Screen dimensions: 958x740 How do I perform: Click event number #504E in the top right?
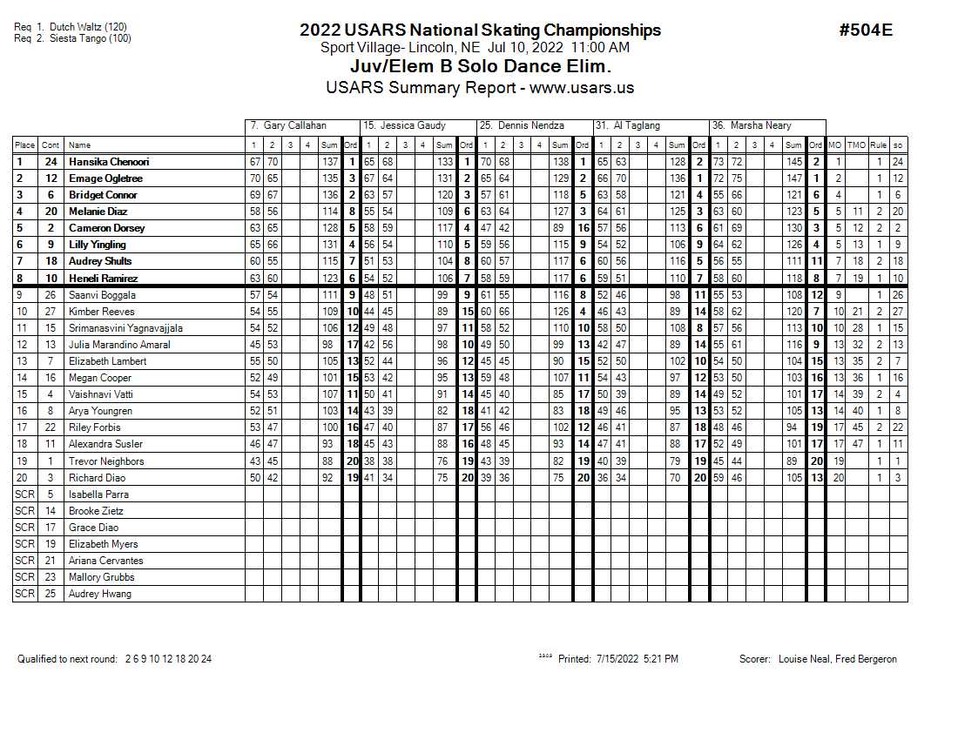click(865, 30)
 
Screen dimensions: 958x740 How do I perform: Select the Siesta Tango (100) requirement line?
click(73, 38)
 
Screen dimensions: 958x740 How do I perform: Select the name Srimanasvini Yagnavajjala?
click(125, 328)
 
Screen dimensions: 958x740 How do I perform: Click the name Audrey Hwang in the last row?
click(100, 594)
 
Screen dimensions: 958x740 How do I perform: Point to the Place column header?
click(24, 145)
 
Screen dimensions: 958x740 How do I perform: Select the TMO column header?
click(857, 145)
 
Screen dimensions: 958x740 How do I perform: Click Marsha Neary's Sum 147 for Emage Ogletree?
click(793, 178)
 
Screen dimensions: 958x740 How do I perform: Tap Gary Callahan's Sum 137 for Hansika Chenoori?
click(329, 162)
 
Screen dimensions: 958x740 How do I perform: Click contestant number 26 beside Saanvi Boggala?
click(51, 295)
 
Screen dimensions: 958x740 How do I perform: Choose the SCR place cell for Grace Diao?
click(24, 528)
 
